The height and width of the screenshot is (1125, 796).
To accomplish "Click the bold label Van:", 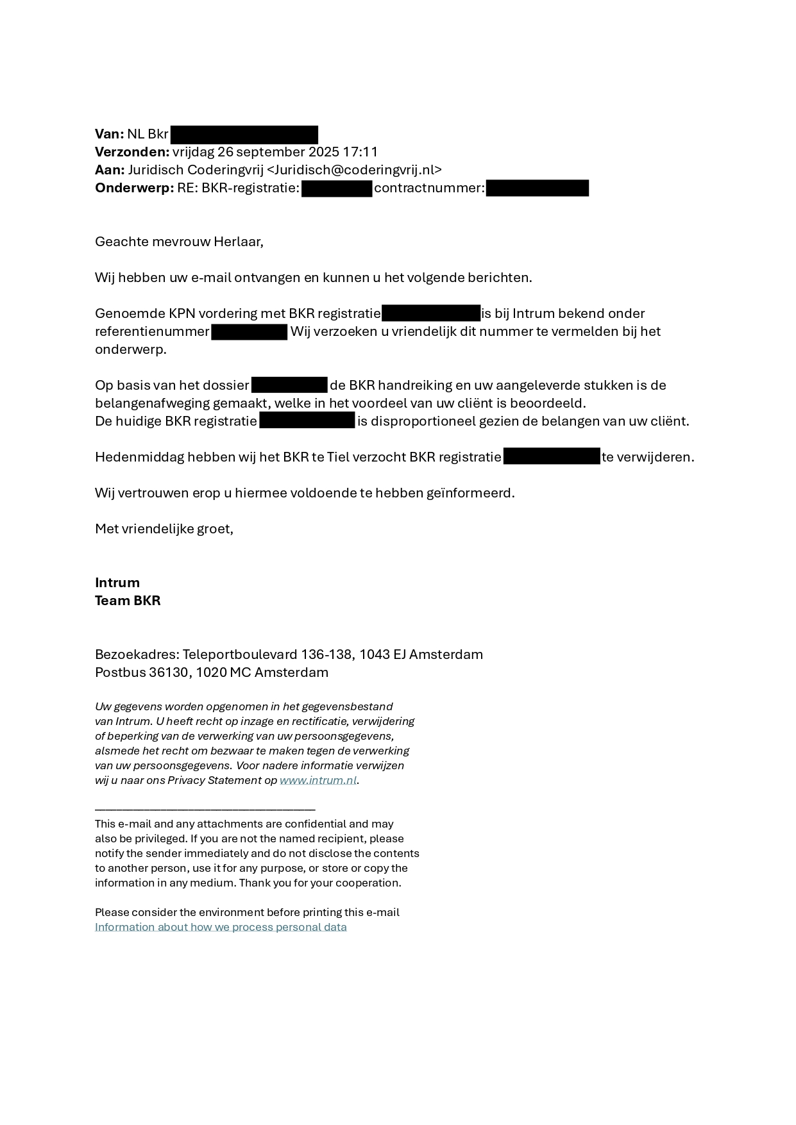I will (109, 134).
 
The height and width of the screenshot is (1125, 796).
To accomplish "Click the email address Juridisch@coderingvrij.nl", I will (353, 170).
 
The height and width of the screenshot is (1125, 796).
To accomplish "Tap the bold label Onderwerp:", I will (134, 188).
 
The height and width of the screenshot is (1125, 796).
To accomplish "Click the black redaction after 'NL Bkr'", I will (244, 135).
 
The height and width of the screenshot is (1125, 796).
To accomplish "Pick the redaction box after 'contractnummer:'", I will (537, 188).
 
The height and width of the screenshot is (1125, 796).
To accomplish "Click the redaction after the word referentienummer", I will (249, 332).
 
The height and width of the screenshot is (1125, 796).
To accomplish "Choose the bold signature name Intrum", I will (117, 583).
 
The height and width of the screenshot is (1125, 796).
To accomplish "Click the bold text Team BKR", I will (128, 601).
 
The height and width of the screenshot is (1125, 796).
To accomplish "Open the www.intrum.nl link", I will (318, 780).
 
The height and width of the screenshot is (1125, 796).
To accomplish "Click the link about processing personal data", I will (221, 927).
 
